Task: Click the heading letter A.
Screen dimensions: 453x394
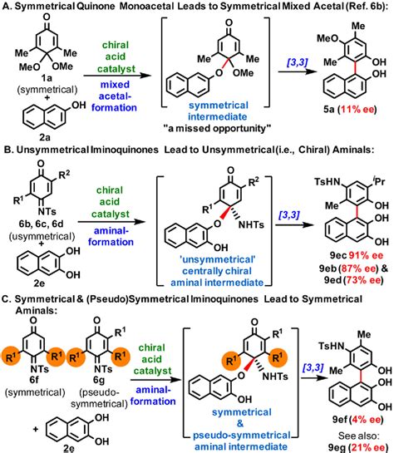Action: point(7,7)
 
